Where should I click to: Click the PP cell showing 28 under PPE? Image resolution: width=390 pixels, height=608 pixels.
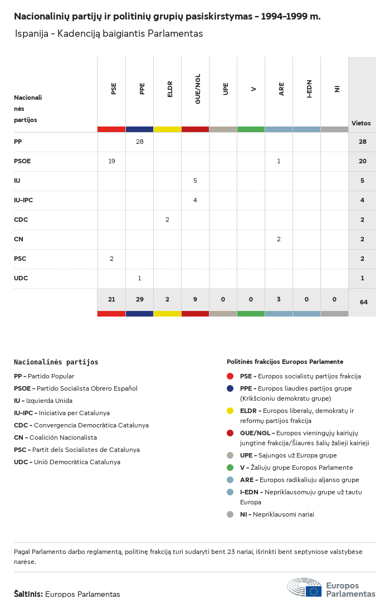[x=139, y=142]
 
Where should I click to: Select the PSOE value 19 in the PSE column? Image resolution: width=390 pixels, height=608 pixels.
[x=111, y=161]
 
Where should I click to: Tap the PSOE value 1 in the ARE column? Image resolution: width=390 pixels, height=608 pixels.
[x=279, y=161]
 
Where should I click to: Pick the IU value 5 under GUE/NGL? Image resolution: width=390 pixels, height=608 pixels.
[x=195, y=181]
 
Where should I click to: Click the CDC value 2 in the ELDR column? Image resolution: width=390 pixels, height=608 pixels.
[x=167, y=220]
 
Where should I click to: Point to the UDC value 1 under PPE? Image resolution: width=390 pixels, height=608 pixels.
[x=139, y=278]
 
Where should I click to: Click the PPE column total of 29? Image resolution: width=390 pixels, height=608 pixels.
[x=139, y=299]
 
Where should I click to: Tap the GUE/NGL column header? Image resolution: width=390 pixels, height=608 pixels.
[x=198, y=89]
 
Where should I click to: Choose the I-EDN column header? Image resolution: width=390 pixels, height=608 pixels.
[x=309, y=89]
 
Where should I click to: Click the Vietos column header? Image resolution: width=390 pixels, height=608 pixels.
[x=361, y=123]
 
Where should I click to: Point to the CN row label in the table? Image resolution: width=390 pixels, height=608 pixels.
[x=18, y=239]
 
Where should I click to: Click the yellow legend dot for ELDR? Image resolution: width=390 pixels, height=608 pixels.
[x=230, y=411]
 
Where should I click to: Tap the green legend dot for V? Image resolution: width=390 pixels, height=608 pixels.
[x=230, y=468]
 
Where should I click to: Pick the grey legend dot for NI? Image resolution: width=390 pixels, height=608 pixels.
[x=230, y=514]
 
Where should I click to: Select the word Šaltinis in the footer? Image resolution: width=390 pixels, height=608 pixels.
[x=28, y=594]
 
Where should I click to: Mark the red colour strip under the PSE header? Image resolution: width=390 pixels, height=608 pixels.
[x=111, y=129]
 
